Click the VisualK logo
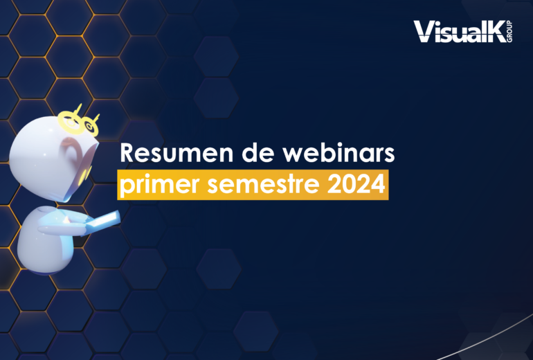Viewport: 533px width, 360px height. pyautogui.click(x=462, y=32)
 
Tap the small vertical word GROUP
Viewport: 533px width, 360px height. pyautogui.click(x=509, y=32)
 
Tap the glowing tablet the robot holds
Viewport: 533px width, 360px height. pyautogui.click(x=102, y=222)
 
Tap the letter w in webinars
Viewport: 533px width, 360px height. pyautogui.click(x=295, y=156)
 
